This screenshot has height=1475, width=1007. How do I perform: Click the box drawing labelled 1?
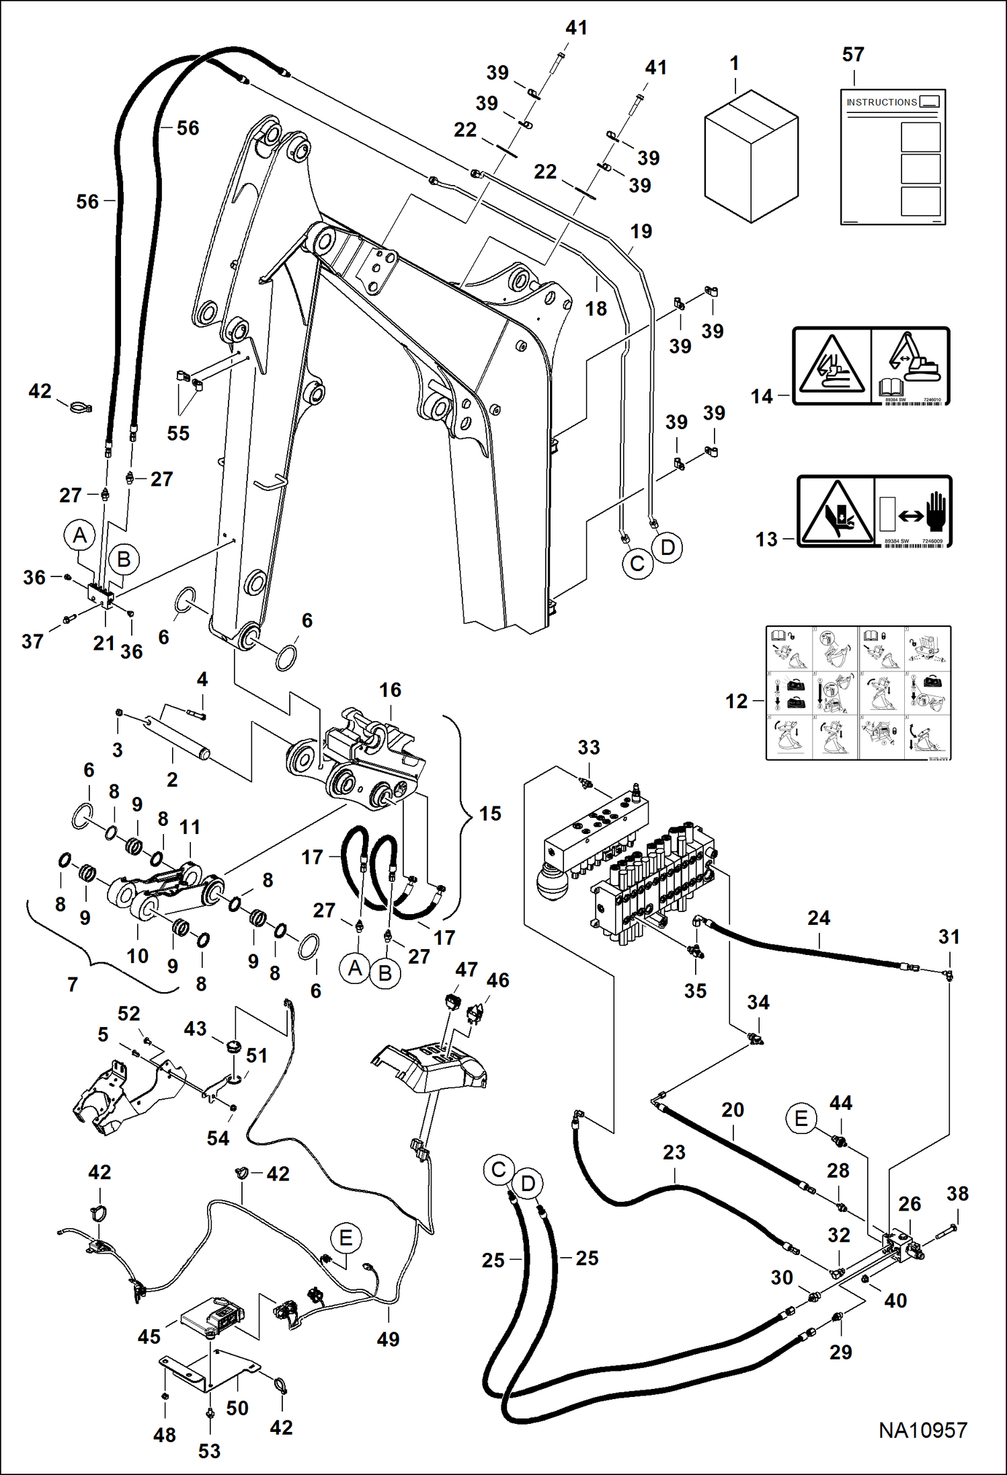point(751,156)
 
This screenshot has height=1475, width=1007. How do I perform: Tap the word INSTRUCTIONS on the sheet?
point(881,102)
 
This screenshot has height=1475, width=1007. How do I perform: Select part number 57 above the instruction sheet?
point(853,54)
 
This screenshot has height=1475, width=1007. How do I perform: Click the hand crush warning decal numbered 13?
point(874,512)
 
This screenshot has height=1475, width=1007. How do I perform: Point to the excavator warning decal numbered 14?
point(871,367)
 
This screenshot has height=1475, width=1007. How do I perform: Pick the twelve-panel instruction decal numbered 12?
point(858,693)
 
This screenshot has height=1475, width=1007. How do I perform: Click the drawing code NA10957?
point(922,1430)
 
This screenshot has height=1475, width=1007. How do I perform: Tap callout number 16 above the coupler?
point(390,690)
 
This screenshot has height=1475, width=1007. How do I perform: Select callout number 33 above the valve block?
point(589,747)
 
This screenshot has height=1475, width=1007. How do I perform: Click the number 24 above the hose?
point(819,918)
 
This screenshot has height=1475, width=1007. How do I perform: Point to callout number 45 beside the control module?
point(149,1336)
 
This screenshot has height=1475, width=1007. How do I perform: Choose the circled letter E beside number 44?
point(801,1119)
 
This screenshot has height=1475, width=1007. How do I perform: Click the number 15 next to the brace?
point(490,814)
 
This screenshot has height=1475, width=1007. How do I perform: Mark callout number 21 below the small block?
point(104,643)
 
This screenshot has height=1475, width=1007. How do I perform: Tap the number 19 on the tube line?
point(641,231)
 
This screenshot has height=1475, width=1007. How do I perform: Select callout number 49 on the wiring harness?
point(388,1339)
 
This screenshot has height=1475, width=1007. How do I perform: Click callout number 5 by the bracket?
point(103,1034)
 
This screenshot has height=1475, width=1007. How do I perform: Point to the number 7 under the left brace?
point(73,985)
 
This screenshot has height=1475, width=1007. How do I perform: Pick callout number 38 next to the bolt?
point(957,1194)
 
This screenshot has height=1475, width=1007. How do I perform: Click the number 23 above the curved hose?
point(674,1152)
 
